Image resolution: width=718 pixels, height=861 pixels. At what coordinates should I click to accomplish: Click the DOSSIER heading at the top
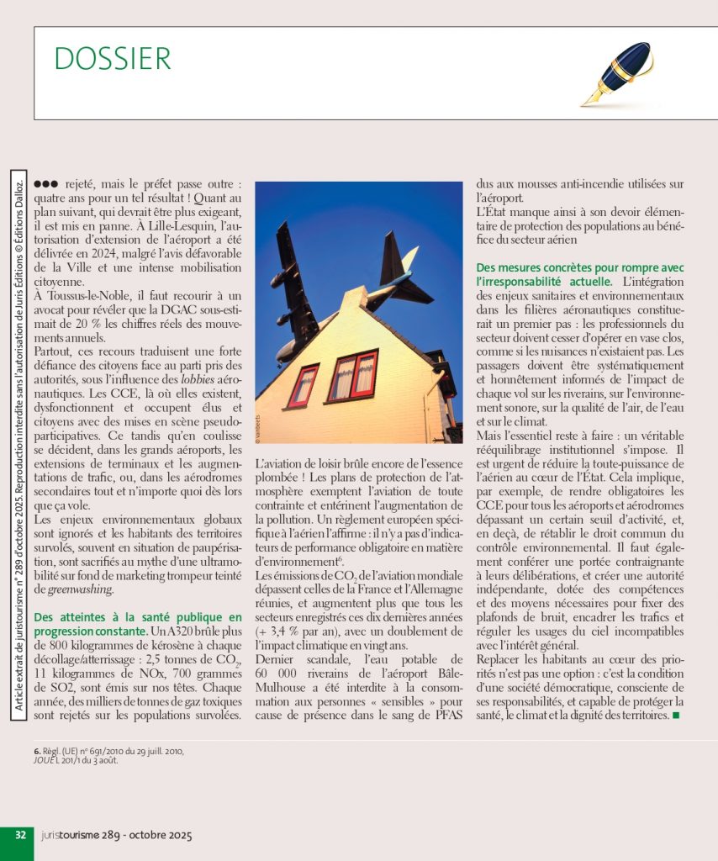113,59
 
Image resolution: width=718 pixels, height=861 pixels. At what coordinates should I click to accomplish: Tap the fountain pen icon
617,74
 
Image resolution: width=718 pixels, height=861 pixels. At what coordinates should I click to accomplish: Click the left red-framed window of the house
303,385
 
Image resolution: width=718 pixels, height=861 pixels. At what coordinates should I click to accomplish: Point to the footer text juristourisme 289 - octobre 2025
117,836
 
